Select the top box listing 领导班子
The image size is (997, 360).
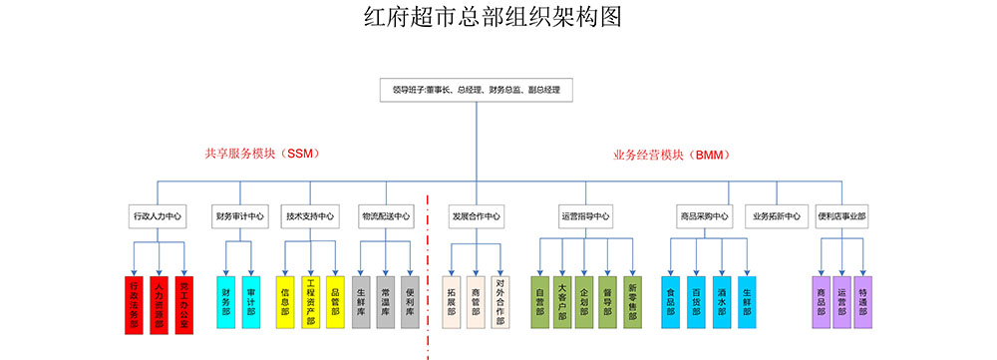[x=476, y=90]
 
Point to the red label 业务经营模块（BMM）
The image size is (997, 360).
[x=672, y=155]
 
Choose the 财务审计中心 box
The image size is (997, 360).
[x=239, y=215]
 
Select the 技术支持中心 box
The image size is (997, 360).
[x=310, y=215]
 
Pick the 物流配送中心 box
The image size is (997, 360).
[x=386, y=215]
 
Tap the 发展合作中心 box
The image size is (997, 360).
[x=477, y=215]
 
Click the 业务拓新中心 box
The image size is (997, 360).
[x=776, y=215]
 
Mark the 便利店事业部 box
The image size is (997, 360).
[x=841, y=215]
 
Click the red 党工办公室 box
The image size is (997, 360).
[x=182, y=303]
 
